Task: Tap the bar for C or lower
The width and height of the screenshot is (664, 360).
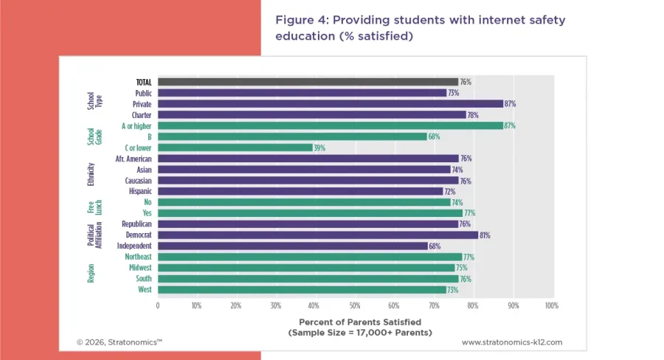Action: point(235,148)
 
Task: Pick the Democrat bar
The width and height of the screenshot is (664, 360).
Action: point(317,235)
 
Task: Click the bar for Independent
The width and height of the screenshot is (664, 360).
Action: point(292,246)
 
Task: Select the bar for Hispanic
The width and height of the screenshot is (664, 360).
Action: point(300,191)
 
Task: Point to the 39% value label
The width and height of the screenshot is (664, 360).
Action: point(319,148)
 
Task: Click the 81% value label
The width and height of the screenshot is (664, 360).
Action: point(485,235)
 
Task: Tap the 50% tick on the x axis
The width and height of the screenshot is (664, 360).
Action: point(355,305)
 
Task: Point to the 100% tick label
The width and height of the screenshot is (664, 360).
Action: point(551,305)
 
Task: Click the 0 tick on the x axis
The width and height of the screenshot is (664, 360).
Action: point(157,305)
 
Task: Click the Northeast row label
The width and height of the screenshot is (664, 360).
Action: point(137,257)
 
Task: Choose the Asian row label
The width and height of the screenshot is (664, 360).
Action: point(144,170)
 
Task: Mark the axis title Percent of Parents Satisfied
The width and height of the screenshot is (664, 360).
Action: point(359,322)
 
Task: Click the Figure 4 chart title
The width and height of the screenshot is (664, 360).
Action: point(421,28)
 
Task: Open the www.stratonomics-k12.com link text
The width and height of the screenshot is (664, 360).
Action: point(512,342)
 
